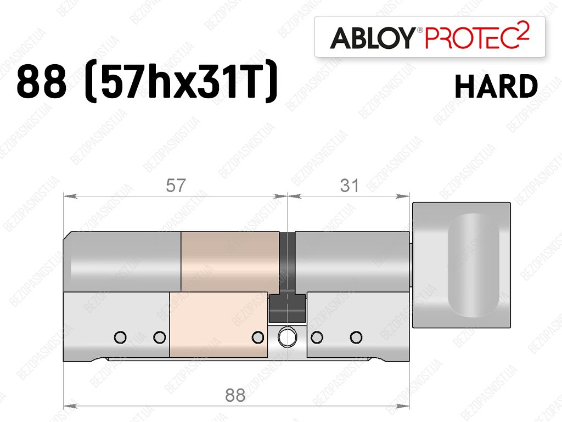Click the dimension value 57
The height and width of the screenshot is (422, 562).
[x=176, y=185]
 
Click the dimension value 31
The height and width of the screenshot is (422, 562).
[x=349, y=185]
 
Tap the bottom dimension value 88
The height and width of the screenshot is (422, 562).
[x=235, y=396]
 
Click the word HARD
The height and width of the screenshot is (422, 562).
[x=496, y=86]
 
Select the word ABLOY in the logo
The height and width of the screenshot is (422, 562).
[x=373, y=38]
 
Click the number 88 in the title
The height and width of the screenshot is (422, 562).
[x=42, y=82]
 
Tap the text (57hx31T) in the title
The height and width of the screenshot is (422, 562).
[x=181, y=81]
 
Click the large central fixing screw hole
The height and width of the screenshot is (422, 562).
[x=288, y=337]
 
